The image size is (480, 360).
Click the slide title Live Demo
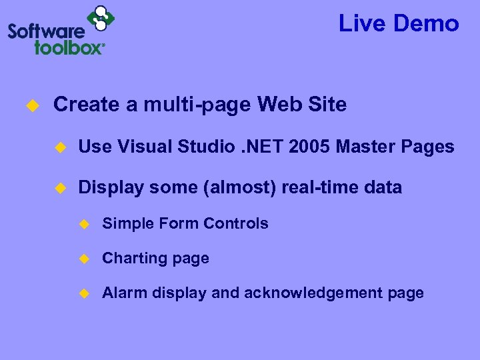point(399,24)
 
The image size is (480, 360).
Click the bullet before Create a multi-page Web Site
point(30,105)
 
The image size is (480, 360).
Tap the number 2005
point(309,147)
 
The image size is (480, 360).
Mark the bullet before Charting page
point(83,259)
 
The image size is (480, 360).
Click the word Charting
point(134,259)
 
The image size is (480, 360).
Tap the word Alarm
point(121,293)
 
